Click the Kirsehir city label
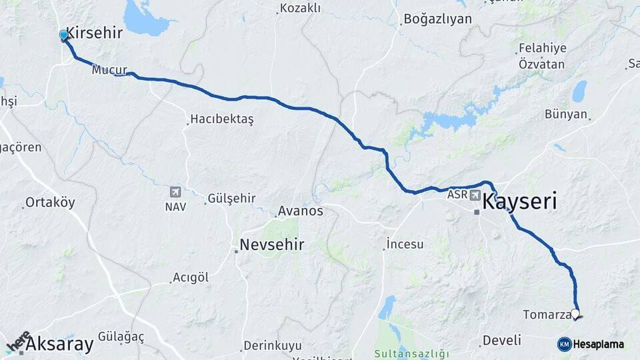click(94, 33)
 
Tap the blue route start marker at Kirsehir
click(63, 35)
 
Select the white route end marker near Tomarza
click(575, 313)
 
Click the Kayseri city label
click(519, 201)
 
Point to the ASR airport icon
click(475, 195)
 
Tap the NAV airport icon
click(175, 192)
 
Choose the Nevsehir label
click(272, 245)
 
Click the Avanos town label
click(301, 211)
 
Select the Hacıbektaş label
click(222, 119)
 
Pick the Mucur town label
click(109, 69)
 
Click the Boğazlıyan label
click(437, 19)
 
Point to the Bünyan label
click(566, 114)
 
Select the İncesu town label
click(405, 244)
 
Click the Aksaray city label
click(60, 345)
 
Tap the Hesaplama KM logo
click(591, 344)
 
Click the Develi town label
click(502, 340)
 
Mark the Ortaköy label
click(50, 203)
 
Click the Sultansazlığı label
click(411, 353)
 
